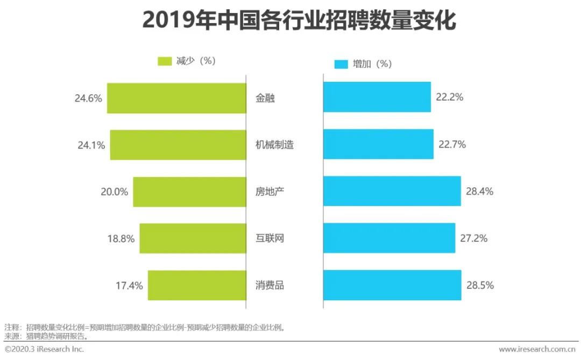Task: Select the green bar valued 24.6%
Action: (176, 98)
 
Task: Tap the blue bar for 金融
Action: (377, 97)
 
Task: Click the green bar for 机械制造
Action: (178, 145)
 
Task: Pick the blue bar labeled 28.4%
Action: (392, 191)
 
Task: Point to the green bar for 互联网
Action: (192, 238)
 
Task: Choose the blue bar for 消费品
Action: (392, 285)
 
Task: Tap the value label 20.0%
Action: (115, 192)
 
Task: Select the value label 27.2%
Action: (473, 238)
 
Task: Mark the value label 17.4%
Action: (129, 285)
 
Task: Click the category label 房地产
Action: (270, 192)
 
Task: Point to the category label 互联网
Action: (270, 238)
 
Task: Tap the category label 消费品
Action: (270, 285)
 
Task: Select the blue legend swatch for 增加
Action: (341, 64)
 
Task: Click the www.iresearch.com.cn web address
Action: (538, 349)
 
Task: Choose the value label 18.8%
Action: (121, 238)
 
